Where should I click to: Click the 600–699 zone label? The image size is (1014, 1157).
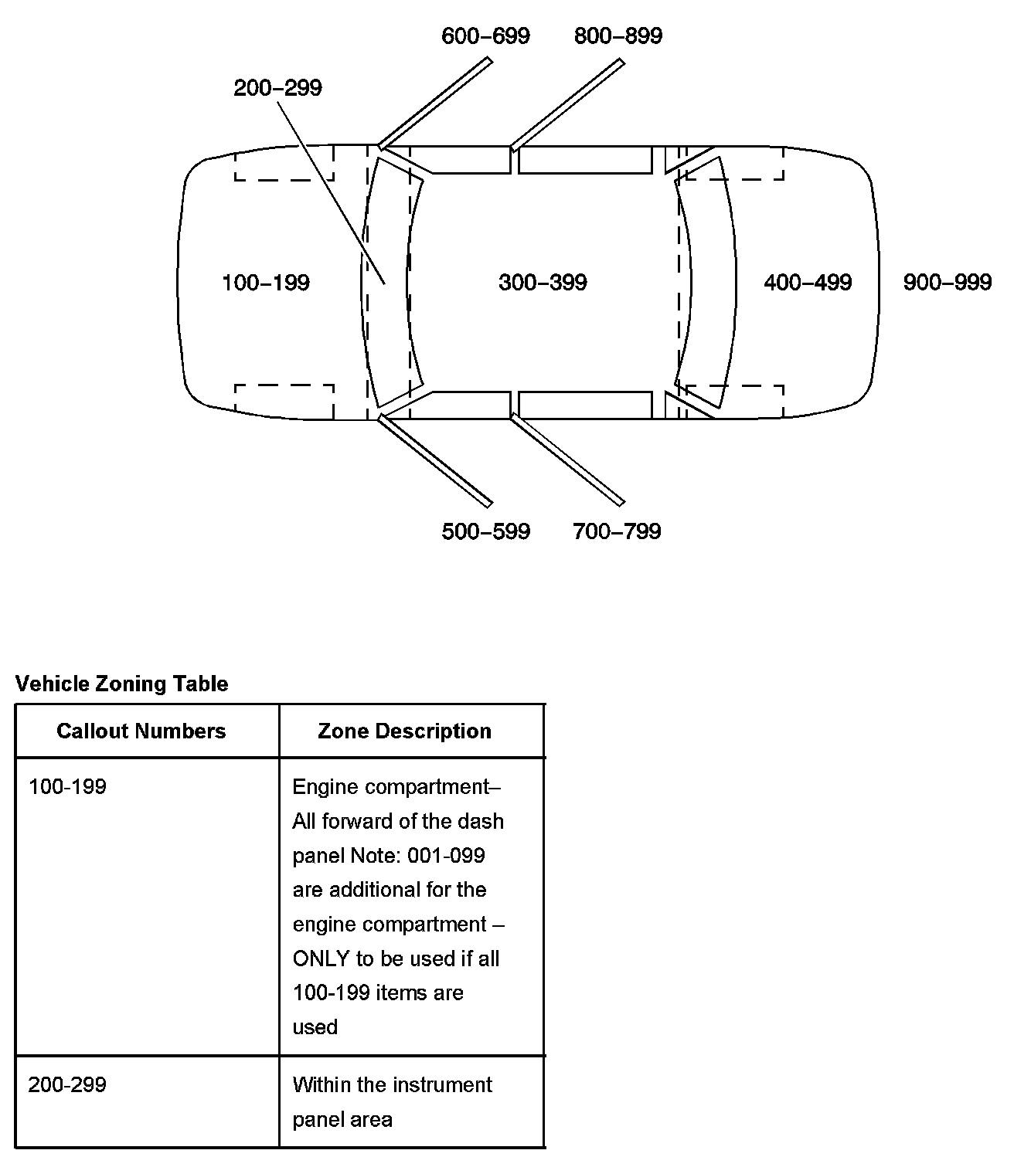(x=485, y=36)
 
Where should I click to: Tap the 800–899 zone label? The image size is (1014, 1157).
(x=618, y=36)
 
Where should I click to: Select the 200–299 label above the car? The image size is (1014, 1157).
(x=277, y=87)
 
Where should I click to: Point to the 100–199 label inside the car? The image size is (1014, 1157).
(x=265, y=283)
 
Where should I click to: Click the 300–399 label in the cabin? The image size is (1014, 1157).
(x=543, y=283)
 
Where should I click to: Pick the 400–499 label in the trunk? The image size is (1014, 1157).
(x=808, y=283)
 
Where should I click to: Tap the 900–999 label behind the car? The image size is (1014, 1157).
(x=947, y=283)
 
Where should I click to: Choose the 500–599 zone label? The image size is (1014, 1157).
(x=485, y=531)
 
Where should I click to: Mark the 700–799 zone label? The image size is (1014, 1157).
(x=617, y=531)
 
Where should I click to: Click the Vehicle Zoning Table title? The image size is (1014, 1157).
(x=122, y=684)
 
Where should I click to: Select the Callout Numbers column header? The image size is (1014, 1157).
(x=141, y=731)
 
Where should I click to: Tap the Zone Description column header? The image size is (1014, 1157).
(x=404, y=731)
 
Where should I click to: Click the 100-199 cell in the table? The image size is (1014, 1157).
(x=67, y=787)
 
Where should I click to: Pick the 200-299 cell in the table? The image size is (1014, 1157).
(x=67, y=1084)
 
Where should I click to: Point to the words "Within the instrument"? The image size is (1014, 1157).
(x=392, y=1084)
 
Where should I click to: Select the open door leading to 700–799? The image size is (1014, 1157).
(x=567, y=460)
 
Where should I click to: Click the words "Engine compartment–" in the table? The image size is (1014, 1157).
(x=396, y=787)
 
